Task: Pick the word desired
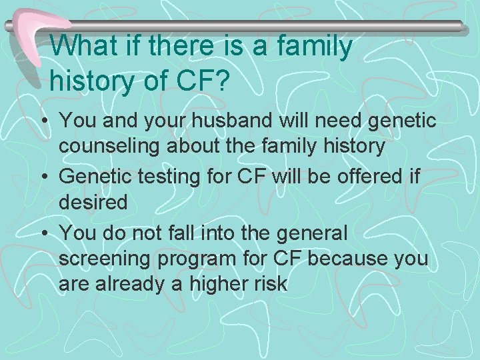[x=93, y=201]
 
